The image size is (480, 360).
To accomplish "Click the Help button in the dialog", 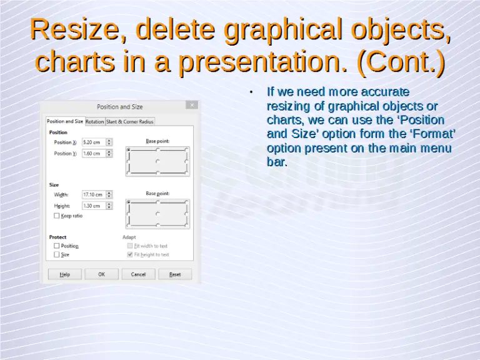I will click(64, 274).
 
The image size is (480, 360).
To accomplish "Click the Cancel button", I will click(138, 274).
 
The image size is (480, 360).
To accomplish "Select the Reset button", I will click(175, 274).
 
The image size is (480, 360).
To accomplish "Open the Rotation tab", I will click(95, 121).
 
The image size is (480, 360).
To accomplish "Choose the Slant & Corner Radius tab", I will click(129, 121).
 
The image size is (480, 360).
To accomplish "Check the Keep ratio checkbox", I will click(57, 216).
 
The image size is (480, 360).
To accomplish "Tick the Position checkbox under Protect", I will click(57, 246).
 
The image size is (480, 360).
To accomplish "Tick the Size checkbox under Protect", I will click(57, 255).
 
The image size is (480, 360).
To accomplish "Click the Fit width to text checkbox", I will click(130, 246).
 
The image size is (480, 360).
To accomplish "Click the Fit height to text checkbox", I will click(130, 255).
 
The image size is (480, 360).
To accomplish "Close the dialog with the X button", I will click(192, 106).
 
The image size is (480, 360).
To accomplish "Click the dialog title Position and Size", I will click(119, 107).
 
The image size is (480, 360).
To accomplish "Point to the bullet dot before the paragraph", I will click(250, 92).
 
